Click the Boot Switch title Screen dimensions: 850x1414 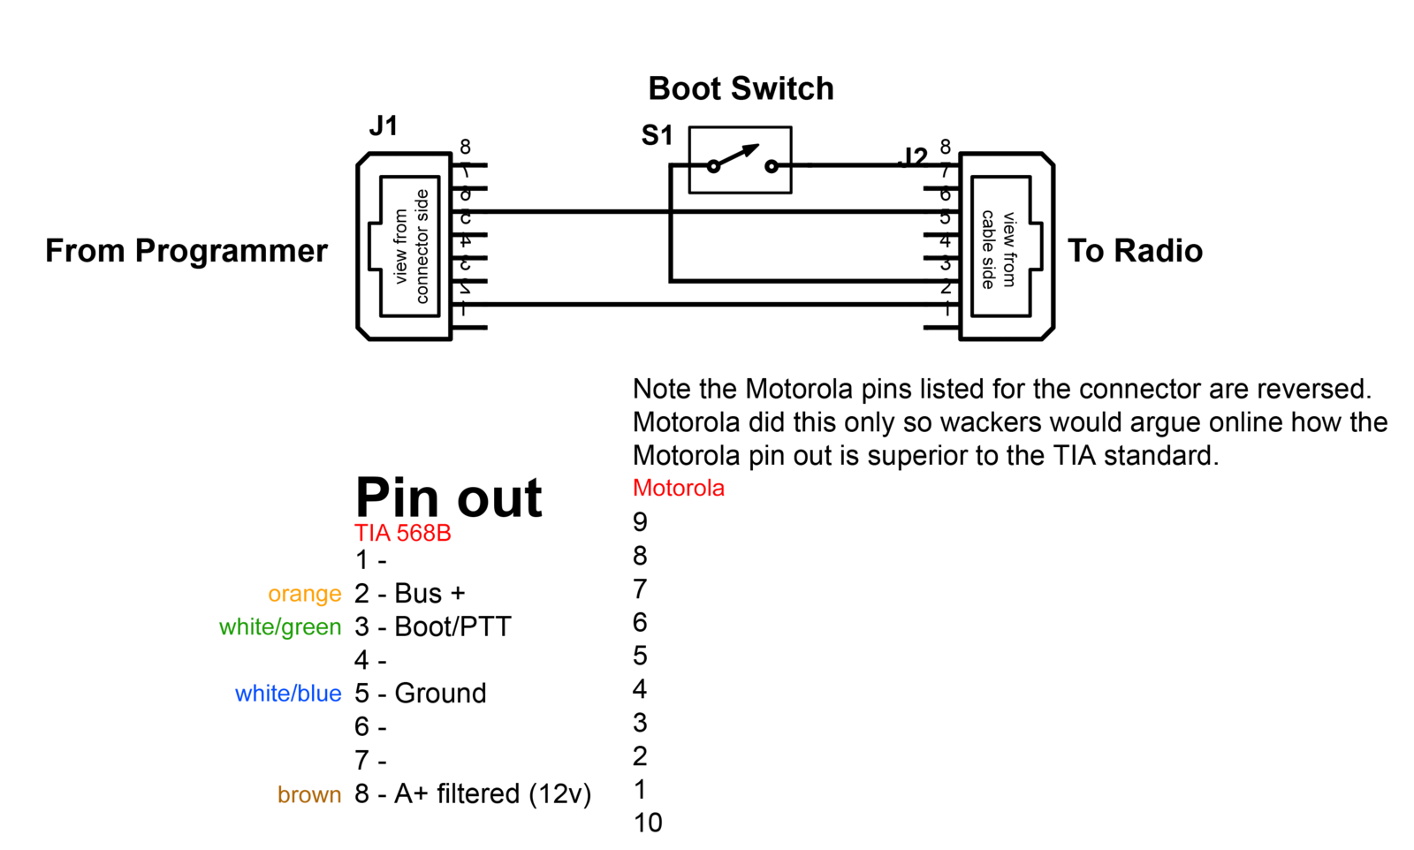pos(741,88)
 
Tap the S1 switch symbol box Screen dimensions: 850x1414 pos(740,160)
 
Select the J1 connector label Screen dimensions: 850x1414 pos(383,126)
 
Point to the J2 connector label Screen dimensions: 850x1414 pos(913,157)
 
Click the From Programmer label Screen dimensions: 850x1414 pos(186,251)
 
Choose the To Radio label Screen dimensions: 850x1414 pos(1135,251)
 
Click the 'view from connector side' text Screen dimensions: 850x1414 pos(411,247)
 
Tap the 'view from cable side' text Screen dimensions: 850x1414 pos(999,248)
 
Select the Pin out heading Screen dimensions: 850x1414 pos(448,497)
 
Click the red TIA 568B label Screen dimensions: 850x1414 pos(402,533)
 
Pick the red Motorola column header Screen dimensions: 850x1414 pos(678,488)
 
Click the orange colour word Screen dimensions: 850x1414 pos(304,594)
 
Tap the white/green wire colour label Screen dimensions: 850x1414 pos(279,627)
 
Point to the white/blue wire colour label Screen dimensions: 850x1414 pos(287,694)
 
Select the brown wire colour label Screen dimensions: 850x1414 pos(308,794)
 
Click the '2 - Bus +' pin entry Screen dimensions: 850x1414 pos(409,593)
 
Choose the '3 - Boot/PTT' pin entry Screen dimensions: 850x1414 pos(432,626)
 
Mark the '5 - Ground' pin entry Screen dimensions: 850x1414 pos(420,694)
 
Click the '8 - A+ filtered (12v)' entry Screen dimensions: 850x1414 pos(472,793)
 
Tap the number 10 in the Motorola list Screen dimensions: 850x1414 pos(648,823)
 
